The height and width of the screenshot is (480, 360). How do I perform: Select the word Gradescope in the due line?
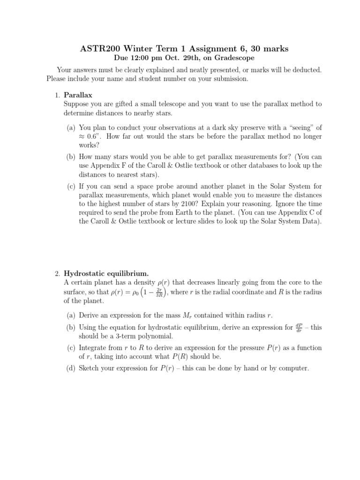[233, 58]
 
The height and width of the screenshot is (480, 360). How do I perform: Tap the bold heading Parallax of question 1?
[78, 95]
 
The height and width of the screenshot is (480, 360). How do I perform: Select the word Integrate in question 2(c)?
[94, 347]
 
